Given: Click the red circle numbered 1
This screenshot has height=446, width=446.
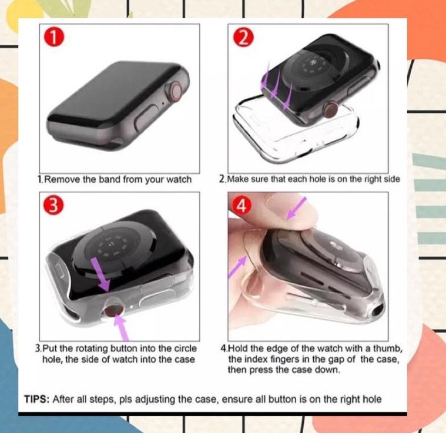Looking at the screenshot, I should tap(53, 38).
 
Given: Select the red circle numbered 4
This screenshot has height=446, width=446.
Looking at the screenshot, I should tap(243, 206).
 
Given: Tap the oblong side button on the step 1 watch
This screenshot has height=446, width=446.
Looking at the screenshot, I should tap(145, 122).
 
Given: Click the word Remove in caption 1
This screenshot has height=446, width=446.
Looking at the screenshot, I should tap(62, 180).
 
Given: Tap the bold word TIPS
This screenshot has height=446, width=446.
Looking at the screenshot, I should tap(36, 400).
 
